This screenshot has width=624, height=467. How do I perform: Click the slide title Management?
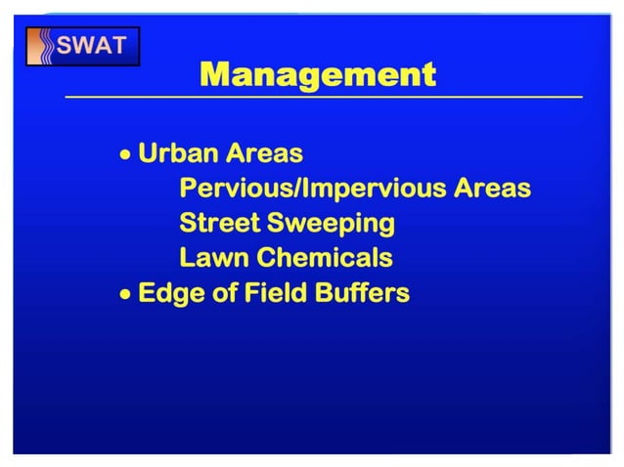[317, 74]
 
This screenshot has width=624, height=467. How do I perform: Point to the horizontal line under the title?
[323, 98]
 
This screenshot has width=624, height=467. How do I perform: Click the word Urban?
[178, 153]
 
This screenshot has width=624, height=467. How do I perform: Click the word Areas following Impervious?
[492, 189]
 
